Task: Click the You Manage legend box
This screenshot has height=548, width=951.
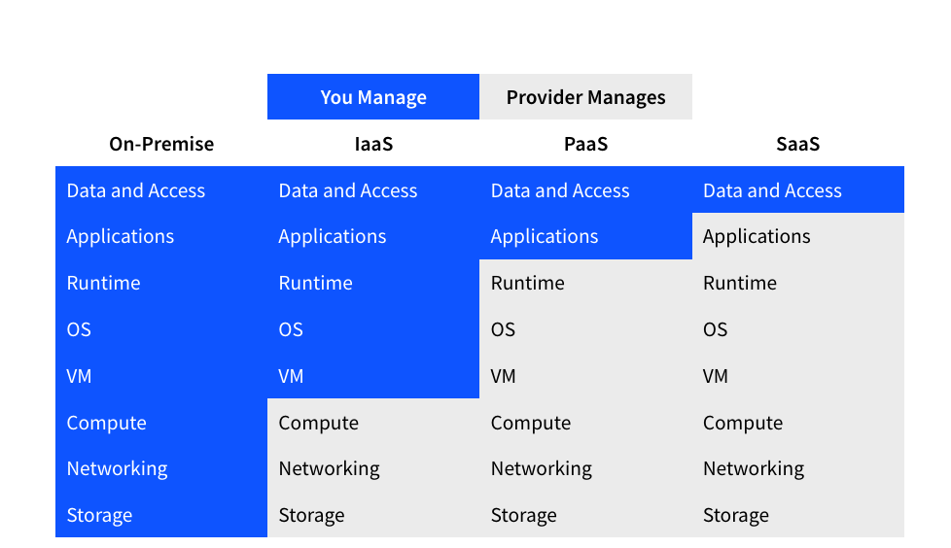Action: [373, 97]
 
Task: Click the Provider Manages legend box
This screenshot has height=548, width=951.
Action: [586, 97]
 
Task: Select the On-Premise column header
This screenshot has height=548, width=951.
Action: [161, 144]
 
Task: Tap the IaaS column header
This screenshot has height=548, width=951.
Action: [373, 144]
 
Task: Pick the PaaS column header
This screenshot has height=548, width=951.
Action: [586, 144]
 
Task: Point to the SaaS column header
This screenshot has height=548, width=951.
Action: [798, 144]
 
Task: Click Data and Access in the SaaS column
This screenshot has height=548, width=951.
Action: [772, 191]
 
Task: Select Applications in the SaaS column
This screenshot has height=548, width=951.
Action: [757, 237]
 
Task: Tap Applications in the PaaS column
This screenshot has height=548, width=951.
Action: [544, 237]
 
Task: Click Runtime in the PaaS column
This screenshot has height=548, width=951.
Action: [528, 283]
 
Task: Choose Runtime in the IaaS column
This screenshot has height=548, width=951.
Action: [315, 283]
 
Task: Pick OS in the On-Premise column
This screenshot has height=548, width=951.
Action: [79, 329]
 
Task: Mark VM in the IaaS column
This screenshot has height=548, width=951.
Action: [291, 376]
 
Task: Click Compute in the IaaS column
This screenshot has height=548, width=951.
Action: [318, 423]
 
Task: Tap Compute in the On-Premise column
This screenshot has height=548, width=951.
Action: [106, 423]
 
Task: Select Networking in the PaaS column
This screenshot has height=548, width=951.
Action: [541, 468]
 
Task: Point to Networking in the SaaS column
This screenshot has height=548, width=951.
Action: [754, 468]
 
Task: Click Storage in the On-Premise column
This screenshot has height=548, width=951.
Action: [99, 515]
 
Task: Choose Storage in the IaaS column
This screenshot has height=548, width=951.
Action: [311, 515]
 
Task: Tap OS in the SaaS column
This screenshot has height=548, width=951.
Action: [715, 329]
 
